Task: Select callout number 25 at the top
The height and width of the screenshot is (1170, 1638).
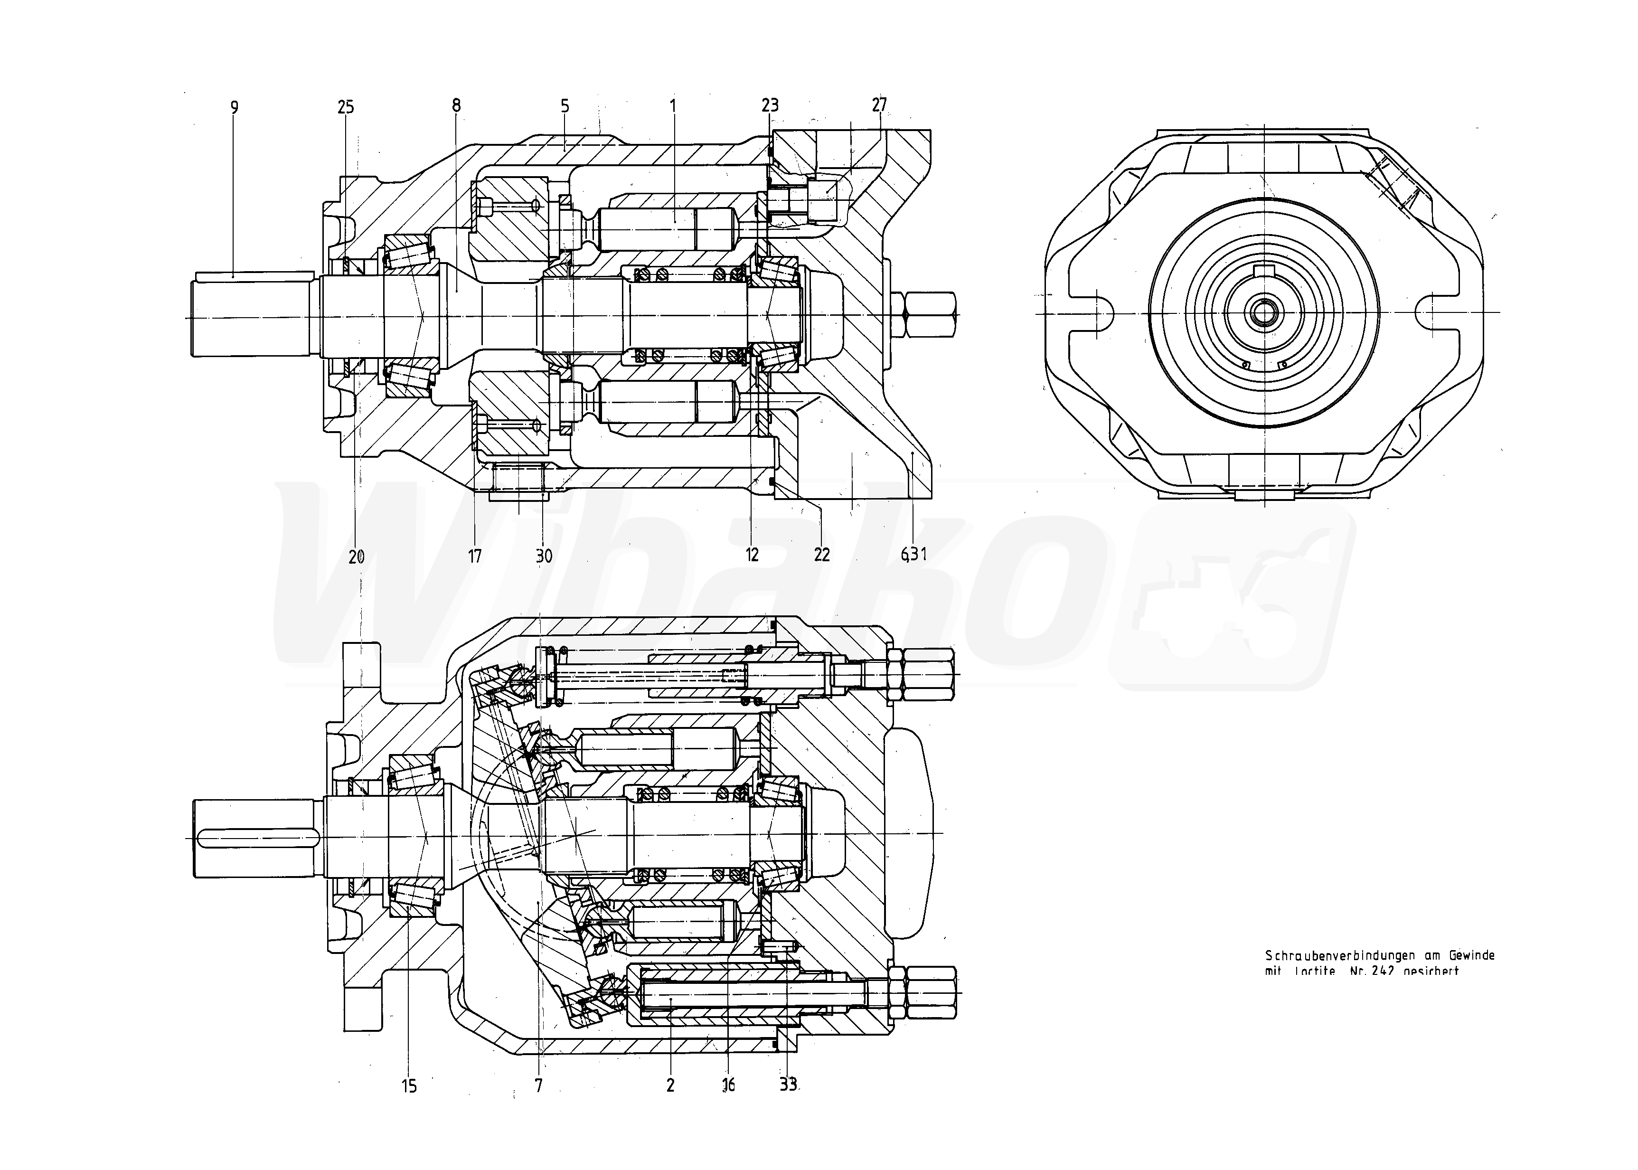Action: pyautogui.click(x=346, y=107)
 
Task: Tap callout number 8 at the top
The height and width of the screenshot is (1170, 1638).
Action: pyautogui.click(x=456, y=106)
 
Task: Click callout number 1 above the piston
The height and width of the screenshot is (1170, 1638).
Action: pyautogui.click(x=673, y=106)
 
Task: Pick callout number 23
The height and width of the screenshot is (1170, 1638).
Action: pyautogui.click(x=770, y=106)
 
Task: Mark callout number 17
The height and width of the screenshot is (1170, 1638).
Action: pyautogui.click(x=475, y=556)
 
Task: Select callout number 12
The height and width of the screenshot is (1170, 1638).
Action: pyautogui.click(x=752, y=555)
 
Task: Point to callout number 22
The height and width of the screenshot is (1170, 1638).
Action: pyautogui.click(x=822, y=555)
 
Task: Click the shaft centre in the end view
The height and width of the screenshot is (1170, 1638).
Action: pyautogui.click(x=1264, y=312)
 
